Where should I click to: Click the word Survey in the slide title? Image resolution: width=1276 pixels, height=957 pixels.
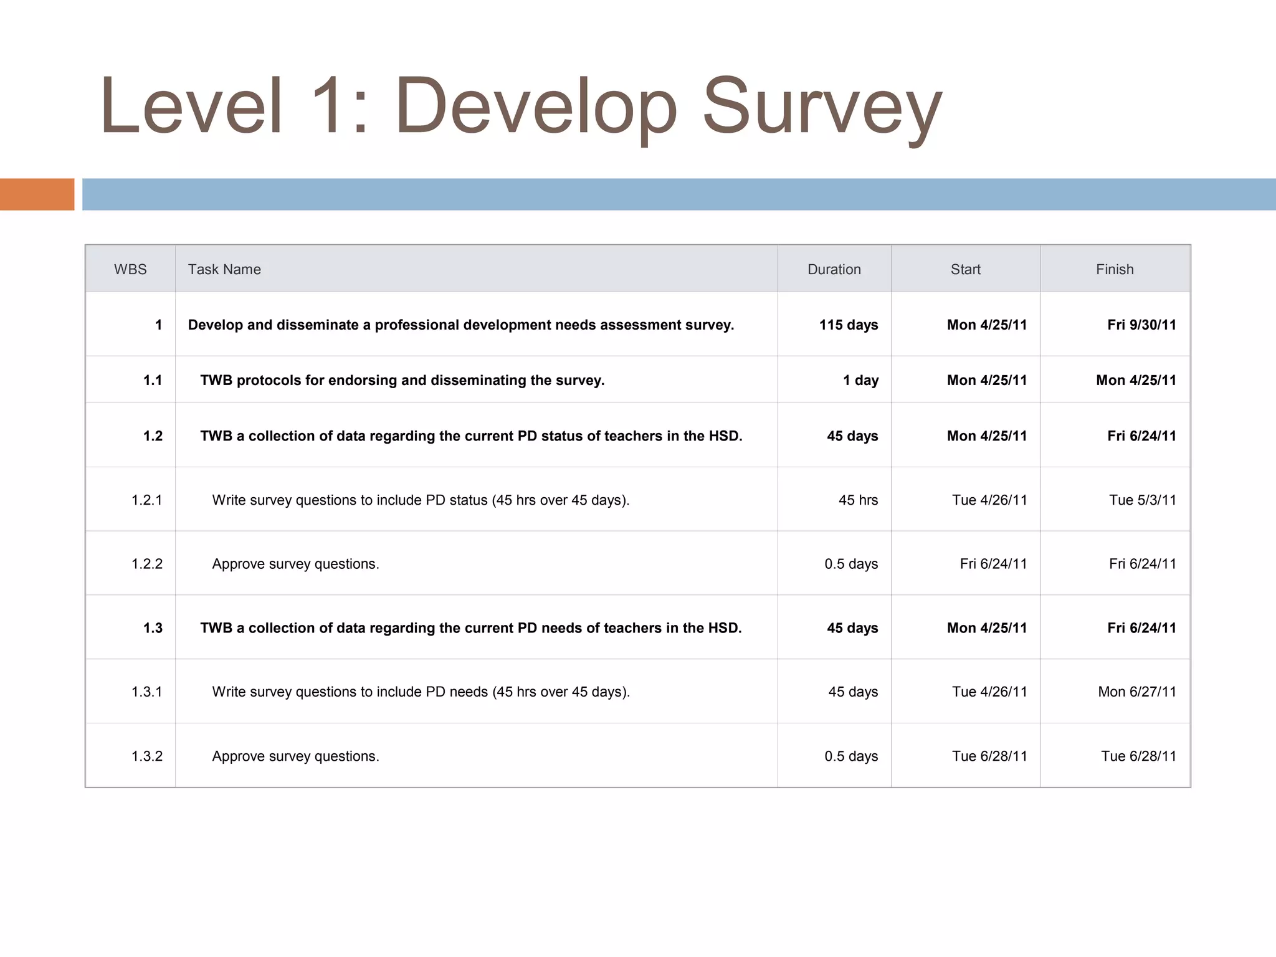(822, 107)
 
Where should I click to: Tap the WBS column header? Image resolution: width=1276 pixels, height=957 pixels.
(130, 269)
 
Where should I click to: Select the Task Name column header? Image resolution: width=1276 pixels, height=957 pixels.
(224, 269)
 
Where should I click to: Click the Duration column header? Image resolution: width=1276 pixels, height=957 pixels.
(834, 269)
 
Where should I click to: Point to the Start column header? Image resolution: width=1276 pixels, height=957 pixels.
(965, 269)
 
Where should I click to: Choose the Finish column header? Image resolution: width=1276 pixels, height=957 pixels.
(1115, 269)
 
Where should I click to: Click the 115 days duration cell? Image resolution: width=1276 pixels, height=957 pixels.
(848, 325)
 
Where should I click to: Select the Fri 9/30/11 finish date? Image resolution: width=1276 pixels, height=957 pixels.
(1141, 325)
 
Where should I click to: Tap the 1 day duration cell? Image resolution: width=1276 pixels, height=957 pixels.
(860, 380)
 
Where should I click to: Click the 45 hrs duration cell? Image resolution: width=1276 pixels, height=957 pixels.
(858, 500)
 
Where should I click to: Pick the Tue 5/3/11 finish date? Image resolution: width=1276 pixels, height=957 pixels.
(1142, 500)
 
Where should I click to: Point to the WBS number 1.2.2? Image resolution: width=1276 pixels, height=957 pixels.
(147, 564)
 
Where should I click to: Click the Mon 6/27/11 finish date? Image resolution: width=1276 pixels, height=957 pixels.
(1136, 692)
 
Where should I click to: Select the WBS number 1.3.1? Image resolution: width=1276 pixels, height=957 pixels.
(147, 692)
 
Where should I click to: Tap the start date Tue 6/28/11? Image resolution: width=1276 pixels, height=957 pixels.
(989, 756)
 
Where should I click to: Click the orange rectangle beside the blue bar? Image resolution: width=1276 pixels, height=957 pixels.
(37, 194)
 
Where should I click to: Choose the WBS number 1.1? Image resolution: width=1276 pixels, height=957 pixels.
(153, 380)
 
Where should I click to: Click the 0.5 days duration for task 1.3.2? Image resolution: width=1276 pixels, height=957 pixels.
(851, 756)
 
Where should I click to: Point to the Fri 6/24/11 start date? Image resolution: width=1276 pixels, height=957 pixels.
(993, 564)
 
